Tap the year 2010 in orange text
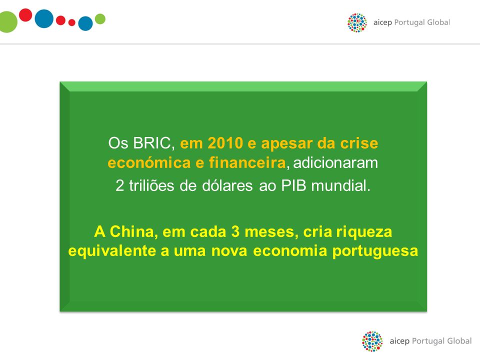[225, 143]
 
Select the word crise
[359, 143]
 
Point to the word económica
[149, 162]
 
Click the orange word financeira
[247, 162]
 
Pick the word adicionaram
[335, 162]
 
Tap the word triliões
[151, 185]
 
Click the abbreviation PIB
[293, 185]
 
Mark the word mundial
[340, 185]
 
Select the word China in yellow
[131, 231]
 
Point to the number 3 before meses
[235, 231]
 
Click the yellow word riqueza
[364, 231]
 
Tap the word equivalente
[112, 250]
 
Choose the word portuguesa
[375, 251]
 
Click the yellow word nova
[229, 251]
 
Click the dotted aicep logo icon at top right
[357, 22]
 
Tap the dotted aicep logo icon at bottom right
[372, 341]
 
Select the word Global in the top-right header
[438, 22]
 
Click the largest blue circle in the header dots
[44, 18]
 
